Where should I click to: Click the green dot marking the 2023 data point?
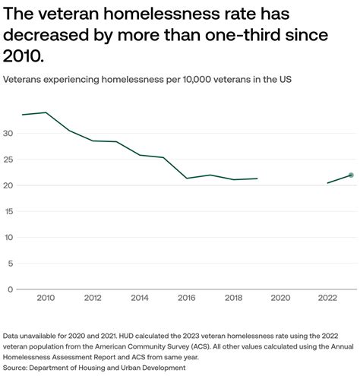pos(351,175)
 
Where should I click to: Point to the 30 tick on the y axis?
pos(9,134)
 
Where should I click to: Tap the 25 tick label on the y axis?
pos(9,160)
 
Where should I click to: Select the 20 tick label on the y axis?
pos(9,185)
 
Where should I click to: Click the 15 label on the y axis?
pos(9,211)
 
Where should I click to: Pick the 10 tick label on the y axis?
pos(9,237)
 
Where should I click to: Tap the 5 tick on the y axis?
pos(11,263)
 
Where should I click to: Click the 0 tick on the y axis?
pos(11,289)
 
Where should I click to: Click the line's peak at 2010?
pos(46,112)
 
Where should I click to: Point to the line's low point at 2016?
pos(187,179)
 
